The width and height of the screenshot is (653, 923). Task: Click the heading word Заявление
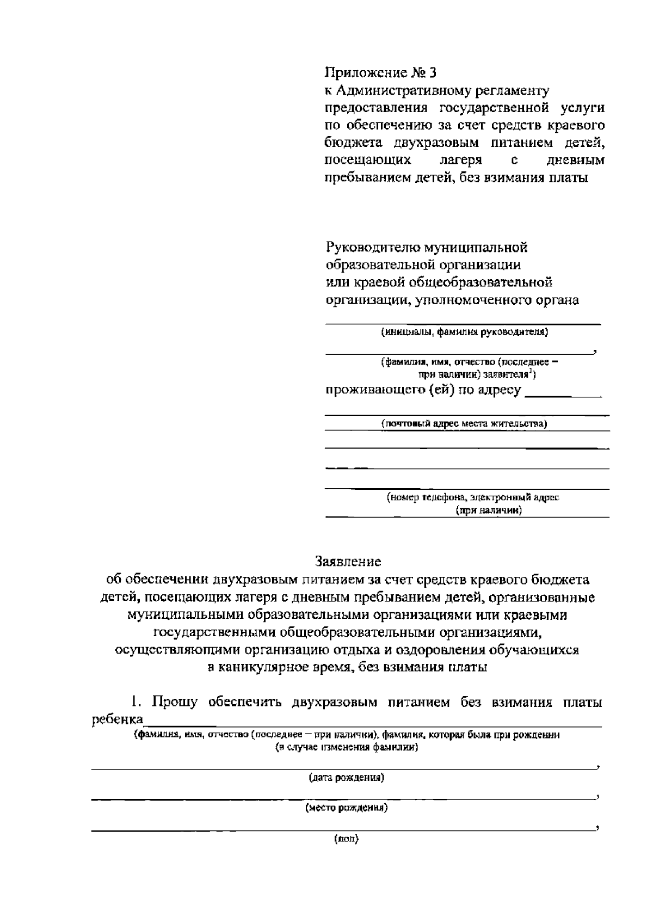[348, 561]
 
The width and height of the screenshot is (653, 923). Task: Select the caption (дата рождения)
[347, 778]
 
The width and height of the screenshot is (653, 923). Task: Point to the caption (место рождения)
[347, 808]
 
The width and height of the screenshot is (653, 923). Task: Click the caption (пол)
[347, 839]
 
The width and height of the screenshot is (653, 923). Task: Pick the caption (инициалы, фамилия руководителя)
[464, 332]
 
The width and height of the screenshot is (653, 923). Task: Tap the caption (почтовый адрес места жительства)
[464, 423]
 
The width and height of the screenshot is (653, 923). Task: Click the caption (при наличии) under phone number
[489, 510]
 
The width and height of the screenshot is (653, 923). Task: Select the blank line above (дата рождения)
[343, 768]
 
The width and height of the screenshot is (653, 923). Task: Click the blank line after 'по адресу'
[563, 397]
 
